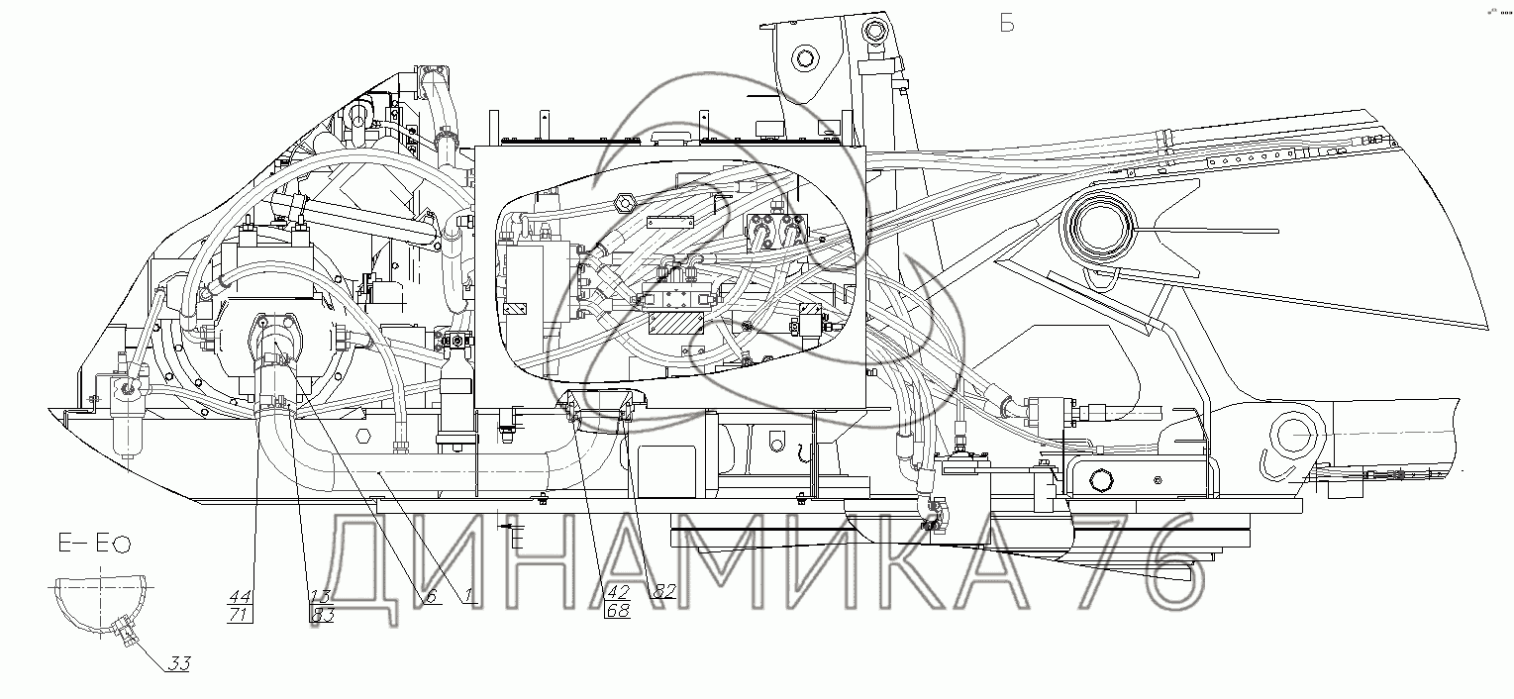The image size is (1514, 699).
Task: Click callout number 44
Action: (x=241, y=597)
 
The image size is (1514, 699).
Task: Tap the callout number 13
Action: (x=320, y=597)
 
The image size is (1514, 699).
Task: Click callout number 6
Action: (x=430, y=597)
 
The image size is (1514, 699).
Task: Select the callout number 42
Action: (x=617, y=593)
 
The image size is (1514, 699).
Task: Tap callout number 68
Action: (x=617, y=612)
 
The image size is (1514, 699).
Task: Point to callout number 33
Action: (x=178, y=663)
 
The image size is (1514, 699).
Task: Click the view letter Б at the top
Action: (x=1007, y=24)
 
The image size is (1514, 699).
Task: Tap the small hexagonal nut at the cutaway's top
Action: (x=625, y=204)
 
